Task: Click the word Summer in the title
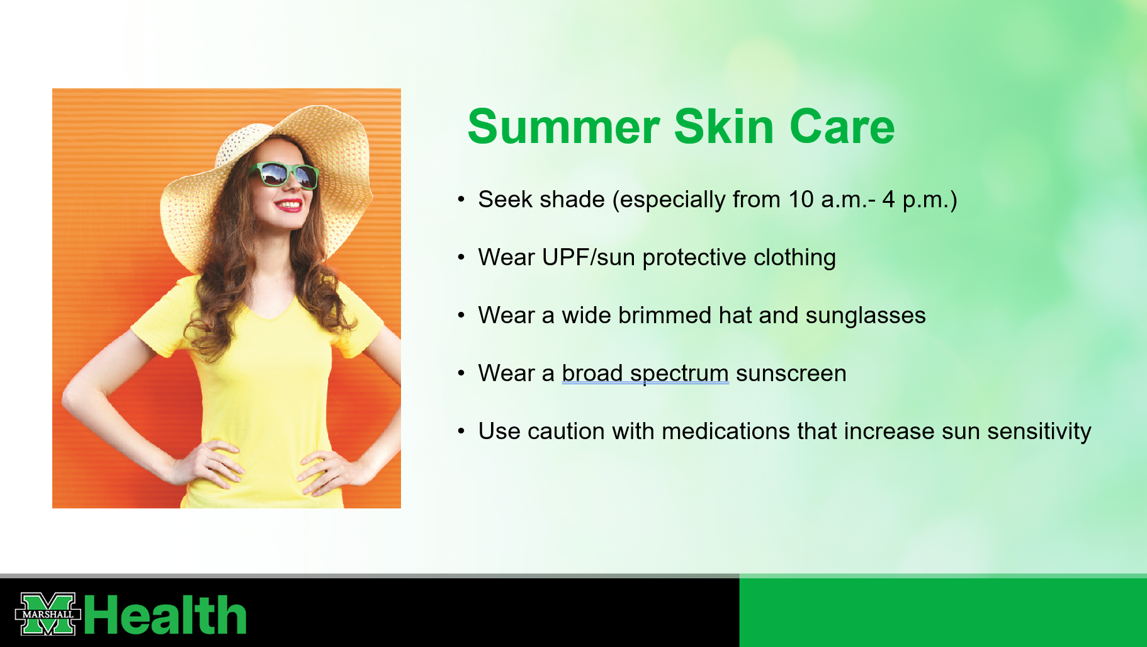pos(563,127)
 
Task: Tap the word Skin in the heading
pos(724,127)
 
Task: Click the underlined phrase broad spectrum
pos(645,374)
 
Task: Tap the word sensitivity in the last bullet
pos(1039,432)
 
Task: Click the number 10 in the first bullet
pos(801,200)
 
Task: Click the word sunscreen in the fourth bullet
pos(791,374)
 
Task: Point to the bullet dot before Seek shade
pos(461,200)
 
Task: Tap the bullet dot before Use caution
pos(461,432)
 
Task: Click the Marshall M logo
pos(48,614)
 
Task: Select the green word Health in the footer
pos(166,615)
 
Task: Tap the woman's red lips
pos(289,205)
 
